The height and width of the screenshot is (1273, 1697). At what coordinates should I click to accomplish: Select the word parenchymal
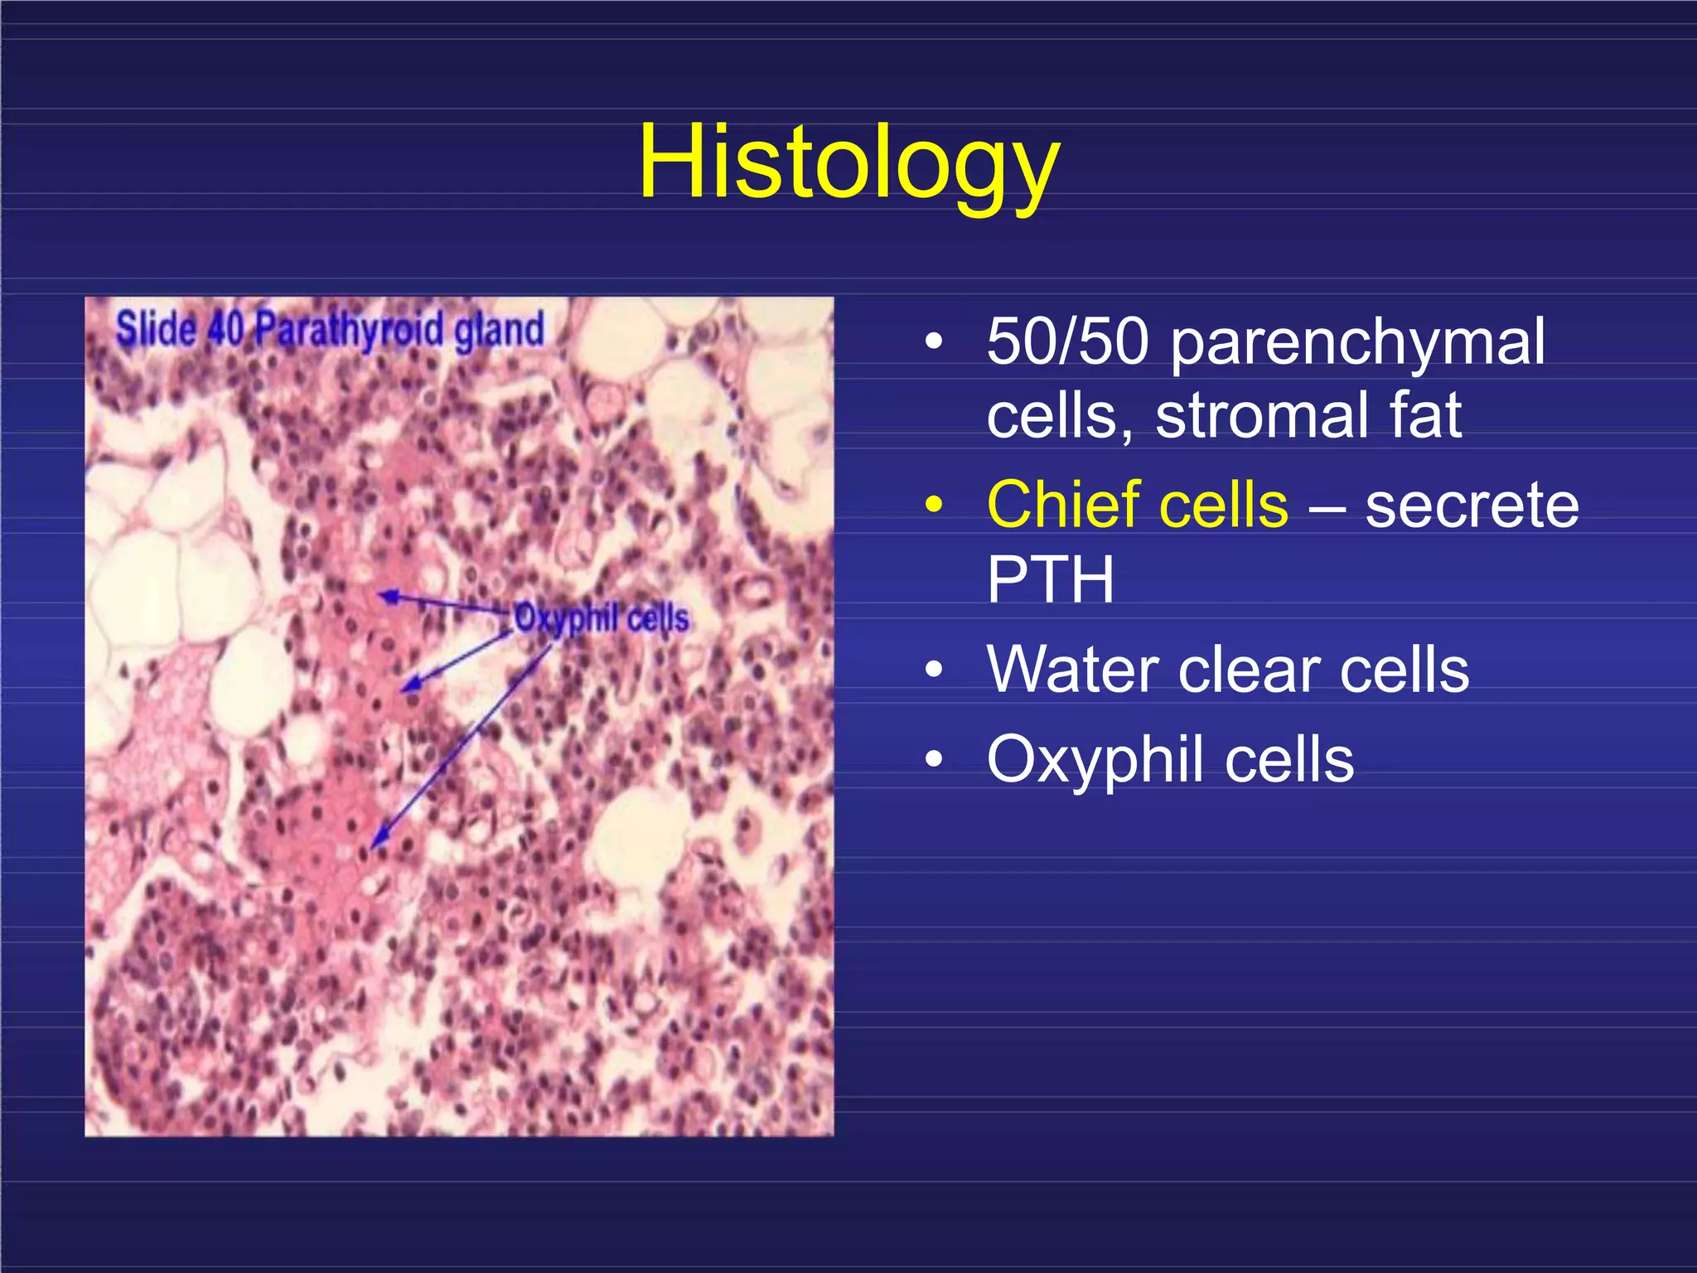[x=1357, y=343]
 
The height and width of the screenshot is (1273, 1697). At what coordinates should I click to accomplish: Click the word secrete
[x=1472, y=506]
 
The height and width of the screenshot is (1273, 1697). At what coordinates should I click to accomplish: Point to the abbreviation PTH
[x=1050, y=579]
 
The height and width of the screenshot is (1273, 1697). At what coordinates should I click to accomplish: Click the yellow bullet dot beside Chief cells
[x=934, y=505]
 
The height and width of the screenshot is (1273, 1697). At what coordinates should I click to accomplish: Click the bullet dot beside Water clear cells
[x=934, y=669]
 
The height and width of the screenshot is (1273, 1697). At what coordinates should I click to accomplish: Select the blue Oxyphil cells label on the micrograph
[x=602, y=618]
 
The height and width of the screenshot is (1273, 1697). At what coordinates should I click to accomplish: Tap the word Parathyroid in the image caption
[x=349, y=330]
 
